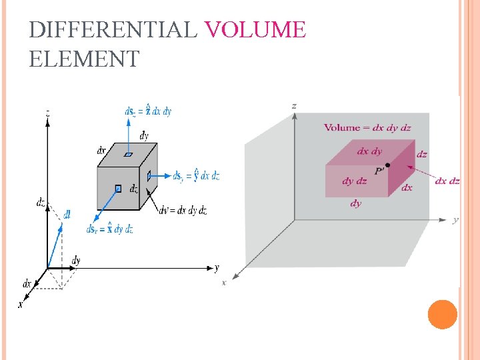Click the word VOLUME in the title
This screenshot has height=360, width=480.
(255, 30)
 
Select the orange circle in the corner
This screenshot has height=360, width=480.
(442, 314)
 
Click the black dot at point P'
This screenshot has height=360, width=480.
(388, 165)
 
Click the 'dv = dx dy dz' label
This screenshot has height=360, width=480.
(183, 211)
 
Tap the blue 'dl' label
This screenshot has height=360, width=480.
(67, 214)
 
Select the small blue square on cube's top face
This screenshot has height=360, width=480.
(127, 154)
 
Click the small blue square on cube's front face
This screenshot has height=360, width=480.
(117, 189)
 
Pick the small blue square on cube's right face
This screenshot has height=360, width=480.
(149, 175)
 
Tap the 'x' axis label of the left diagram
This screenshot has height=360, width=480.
(21, 304)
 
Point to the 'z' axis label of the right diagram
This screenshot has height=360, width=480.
(295, 105)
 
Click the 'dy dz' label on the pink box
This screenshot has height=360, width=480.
(354, 181)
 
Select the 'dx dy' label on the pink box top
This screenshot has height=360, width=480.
(369, 151)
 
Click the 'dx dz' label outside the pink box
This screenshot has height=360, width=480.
(447, 181)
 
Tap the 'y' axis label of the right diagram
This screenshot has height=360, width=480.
(455, 219)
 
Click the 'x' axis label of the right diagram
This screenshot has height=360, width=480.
(224, 283)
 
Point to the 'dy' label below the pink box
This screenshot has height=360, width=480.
(356, 203)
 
